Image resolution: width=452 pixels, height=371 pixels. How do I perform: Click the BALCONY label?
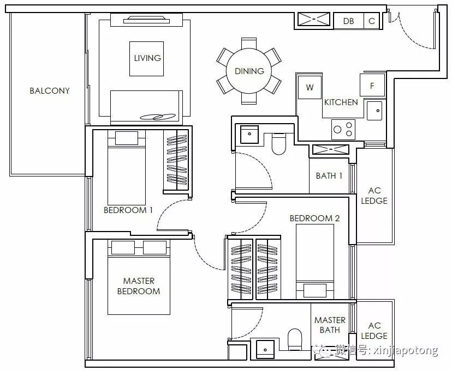[x=50, y=91]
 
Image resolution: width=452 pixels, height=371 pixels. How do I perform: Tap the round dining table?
[x=249, y=71]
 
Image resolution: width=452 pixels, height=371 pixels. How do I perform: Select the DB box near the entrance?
[x=348, y=21]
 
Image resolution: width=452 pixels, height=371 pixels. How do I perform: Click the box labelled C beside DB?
[x=372, y=21]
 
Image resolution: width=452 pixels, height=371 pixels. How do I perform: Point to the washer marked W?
[x=310, y=87]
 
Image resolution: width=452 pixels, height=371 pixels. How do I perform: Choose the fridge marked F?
[x=372, y=86]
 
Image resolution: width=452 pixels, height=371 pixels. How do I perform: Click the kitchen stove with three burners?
[x=343, y=130]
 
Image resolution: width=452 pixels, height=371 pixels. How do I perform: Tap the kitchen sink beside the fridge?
[x=374, y=111]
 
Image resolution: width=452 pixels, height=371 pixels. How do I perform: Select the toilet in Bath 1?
[x=278, y=144]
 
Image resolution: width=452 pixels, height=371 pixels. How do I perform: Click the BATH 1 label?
[x=329, y=176]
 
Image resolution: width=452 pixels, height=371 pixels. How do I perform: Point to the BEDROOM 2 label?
[x=314, y=218]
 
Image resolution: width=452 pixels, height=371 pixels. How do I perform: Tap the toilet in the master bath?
[x=295, y=339]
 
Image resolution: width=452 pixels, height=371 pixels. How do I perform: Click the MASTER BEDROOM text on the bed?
[x=139, y=286]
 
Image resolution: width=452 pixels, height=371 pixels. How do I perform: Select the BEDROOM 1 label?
[x=128, y=210]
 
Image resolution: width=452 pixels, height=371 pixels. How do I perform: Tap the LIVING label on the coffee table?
[x=147, y=58]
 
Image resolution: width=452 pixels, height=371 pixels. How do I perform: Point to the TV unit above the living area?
[x=146, y=20]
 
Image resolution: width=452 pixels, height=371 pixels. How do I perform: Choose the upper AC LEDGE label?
[x=374, y=196]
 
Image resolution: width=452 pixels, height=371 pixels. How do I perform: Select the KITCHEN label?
[x=341, y=102]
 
